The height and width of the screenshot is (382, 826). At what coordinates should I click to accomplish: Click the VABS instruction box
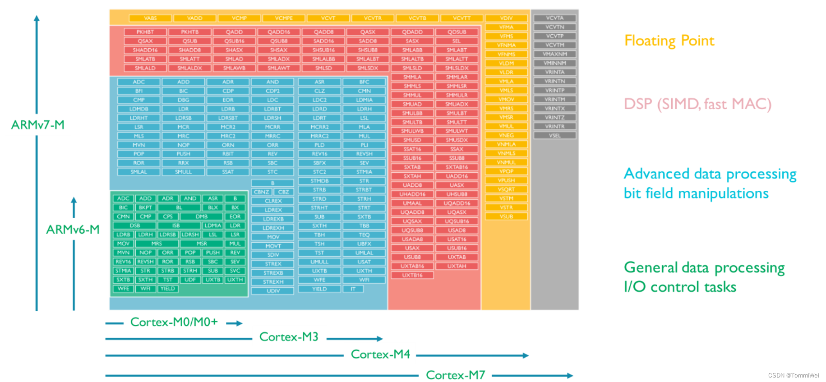[150, 18]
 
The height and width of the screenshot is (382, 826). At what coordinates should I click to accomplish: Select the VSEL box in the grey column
[554, 135]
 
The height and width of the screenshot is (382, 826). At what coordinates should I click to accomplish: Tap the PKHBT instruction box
[145, 32]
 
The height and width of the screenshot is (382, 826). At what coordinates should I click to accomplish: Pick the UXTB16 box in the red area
[412, 275]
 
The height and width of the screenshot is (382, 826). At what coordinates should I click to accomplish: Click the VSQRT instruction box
[506, 189]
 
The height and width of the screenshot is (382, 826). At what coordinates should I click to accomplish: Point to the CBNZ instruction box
[261, 192]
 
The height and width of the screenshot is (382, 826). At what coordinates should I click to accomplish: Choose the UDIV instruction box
[273, 291]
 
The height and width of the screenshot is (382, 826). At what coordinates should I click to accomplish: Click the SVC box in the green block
[235, 271]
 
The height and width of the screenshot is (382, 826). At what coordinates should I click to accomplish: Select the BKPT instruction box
[145, 207]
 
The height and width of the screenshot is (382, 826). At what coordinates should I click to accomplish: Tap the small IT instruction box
[353, 289]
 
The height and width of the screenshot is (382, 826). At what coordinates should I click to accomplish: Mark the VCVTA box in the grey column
[554, 18]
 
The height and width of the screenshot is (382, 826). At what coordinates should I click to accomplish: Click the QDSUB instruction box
[457, 32]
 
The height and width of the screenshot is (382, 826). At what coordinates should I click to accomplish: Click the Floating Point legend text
[669, 41]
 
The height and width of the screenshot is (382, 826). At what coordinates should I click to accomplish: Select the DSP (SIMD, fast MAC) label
[697, 104]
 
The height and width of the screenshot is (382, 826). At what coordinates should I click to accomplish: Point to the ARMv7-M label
[38, 125]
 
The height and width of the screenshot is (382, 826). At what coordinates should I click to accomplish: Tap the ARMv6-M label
[73, 230]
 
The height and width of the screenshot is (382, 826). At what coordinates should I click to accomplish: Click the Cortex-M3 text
[289, 337]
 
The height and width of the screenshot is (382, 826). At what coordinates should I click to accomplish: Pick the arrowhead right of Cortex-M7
[570, 375]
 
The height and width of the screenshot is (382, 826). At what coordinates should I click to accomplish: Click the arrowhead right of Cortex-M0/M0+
[240, 323]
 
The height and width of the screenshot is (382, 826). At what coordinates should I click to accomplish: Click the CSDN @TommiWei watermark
[793, 375]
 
